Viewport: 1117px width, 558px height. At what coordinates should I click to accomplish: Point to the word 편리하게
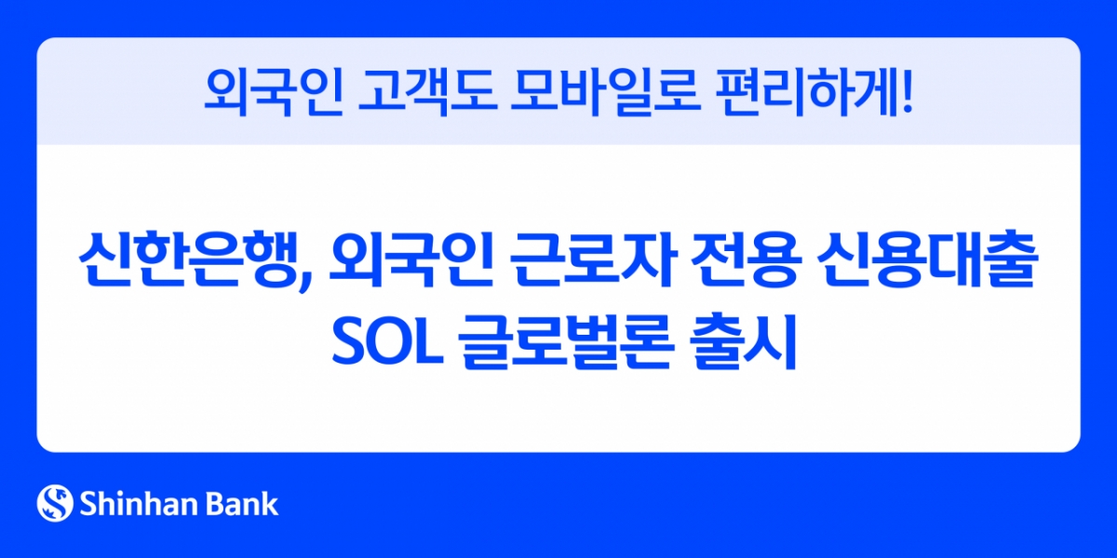[x=798, y=90]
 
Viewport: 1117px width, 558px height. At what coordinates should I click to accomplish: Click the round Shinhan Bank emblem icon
[x=55, y=503]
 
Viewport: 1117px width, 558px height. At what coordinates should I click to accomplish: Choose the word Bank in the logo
[x=242, y=504]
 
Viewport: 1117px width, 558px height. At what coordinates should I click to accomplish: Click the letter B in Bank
[x=215, y=504]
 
